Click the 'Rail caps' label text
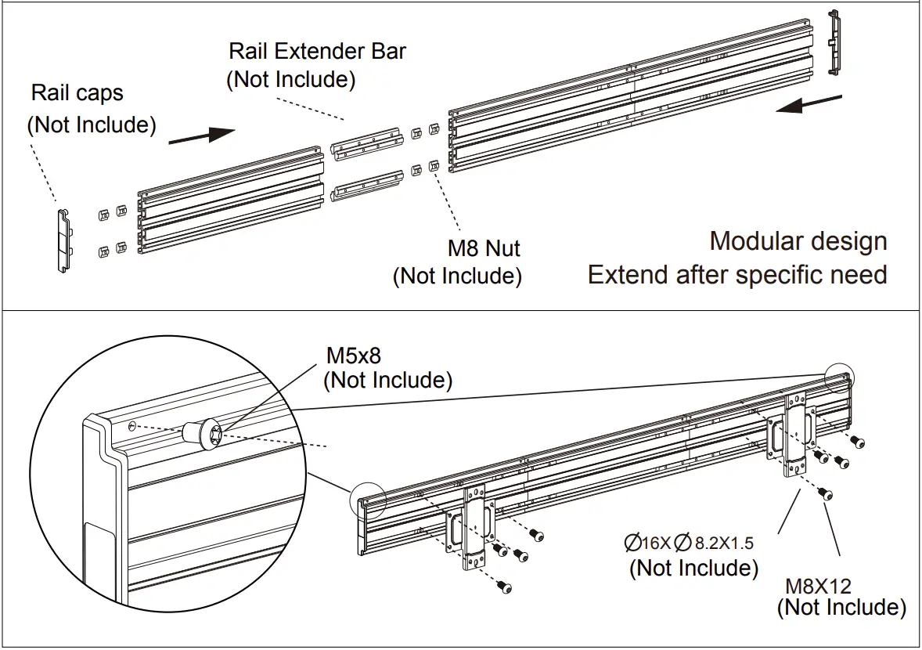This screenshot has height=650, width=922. (x=77, y=93)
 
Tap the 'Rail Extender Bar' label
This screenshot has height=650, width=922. (x=317, y=52)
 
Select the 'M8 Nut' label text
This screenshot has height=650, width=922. (x=484, y=249)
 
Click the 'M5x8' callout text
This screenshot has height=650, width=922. (x=353, y=356)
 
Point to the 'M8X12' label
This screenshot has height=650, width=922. (x=818, y=585)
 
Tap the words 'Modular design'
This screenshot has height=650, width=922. (x=798, y=241)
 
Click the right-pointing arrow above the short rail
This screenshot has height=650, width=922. (x=201, y=135)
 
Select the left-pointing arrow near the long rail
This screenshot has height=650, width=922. (x=809, y=104)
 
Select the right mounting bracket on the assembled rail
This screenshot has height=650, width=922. (x=795, y=435)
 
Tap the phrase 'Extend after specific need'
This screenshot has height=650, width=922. (x=737, y=275)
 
